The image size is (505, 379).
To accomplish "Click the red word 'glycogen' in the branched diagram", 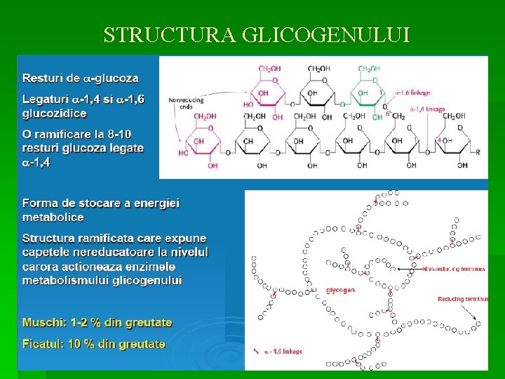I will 341,290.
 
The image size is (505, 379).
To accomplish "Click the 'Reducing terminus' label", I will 462,298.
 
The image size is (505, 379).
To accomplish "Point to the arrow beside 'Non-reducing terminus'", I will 408,268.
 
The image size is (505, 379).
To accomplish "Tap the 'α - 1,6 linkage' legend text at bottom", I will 283,352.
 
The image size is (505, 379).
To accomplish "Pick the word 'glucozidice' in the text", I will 55,113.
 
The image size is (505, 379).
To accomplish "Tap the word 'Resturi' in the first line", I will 41,77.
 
